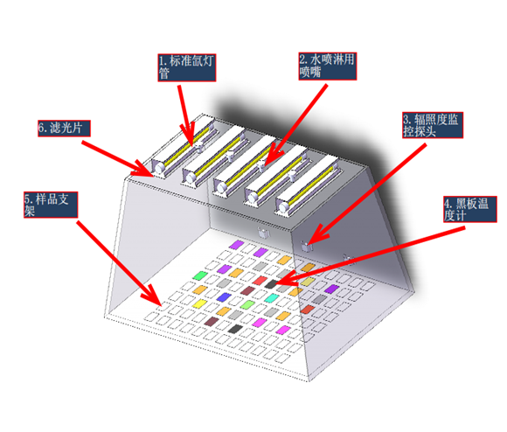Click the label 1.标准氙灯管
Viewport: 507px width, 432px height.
187,67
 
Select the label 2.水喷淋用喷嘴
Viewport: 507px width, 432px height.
328,66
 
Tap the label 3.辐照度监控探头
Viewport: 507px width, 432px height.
433,125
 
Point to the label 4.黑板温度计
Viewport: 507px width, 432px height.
470,209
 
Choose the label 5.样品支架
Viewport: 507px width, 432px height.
51,205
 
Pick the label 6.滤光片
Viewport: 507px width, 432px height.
64,129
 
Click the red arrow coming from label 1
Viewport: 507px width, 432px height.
186,115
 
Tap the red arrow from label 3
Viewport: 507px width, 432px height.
367,194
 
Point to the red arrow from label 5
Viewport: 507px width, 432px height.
119,263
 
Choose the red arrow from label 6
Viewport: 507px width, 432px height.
117,158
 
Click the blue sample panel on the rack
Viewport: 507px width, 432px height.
224,297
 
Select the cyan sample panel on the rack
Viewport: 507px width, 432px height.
272,298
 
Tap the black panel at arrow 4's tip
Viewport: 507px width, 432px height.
271,284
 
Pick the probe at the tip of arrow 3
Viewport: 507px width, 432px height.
306,247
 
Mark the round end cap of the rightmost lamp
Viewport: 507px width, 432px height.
283,207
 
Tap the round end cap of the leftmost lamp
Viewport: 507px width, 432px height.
159,168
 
